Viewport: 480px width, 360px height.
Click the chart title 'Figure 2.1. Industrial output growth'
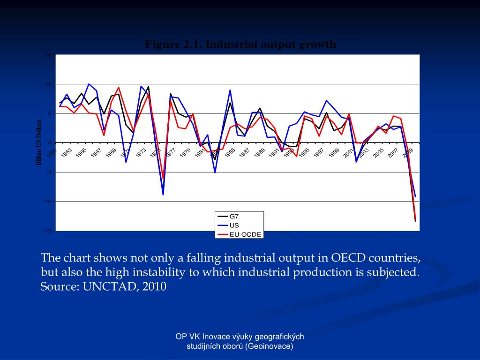[x=240, y=45]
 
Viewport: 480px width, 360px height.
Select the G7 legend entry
[x=234, y=217]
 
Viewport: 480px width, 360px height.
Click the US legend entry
[x=234, y=225]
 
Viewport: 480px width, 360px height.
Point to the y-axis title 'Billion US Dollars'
[x=39, y=143]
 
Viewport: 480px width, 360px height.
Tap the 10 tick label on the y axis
[x=48, y=84]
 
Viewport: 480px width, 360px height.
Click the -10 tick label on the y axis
[x=47, y=202]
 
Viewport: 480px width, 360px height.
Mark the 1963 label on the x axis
[x=67, y=152]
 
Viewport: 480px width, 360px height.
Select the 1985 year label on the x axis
[x=230, y=152]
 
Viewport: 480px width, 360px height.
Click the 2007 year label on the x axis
[x=393, y=152]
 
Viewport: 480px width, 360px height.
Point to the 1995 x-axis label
[x=304, y=152]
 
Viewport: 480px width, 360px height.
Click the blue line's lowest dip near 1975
[x=163, y=195]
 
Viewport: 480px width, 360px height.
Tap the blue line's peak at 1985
[x=230, y=90]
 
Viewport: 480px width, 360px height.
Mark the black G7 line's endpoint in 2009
[x=415, y=221]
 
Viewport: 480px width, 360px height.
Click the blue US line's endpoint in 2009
[x=415, y=196]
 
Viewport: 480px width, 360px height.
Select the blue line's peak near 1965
[x=89, y=84]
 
